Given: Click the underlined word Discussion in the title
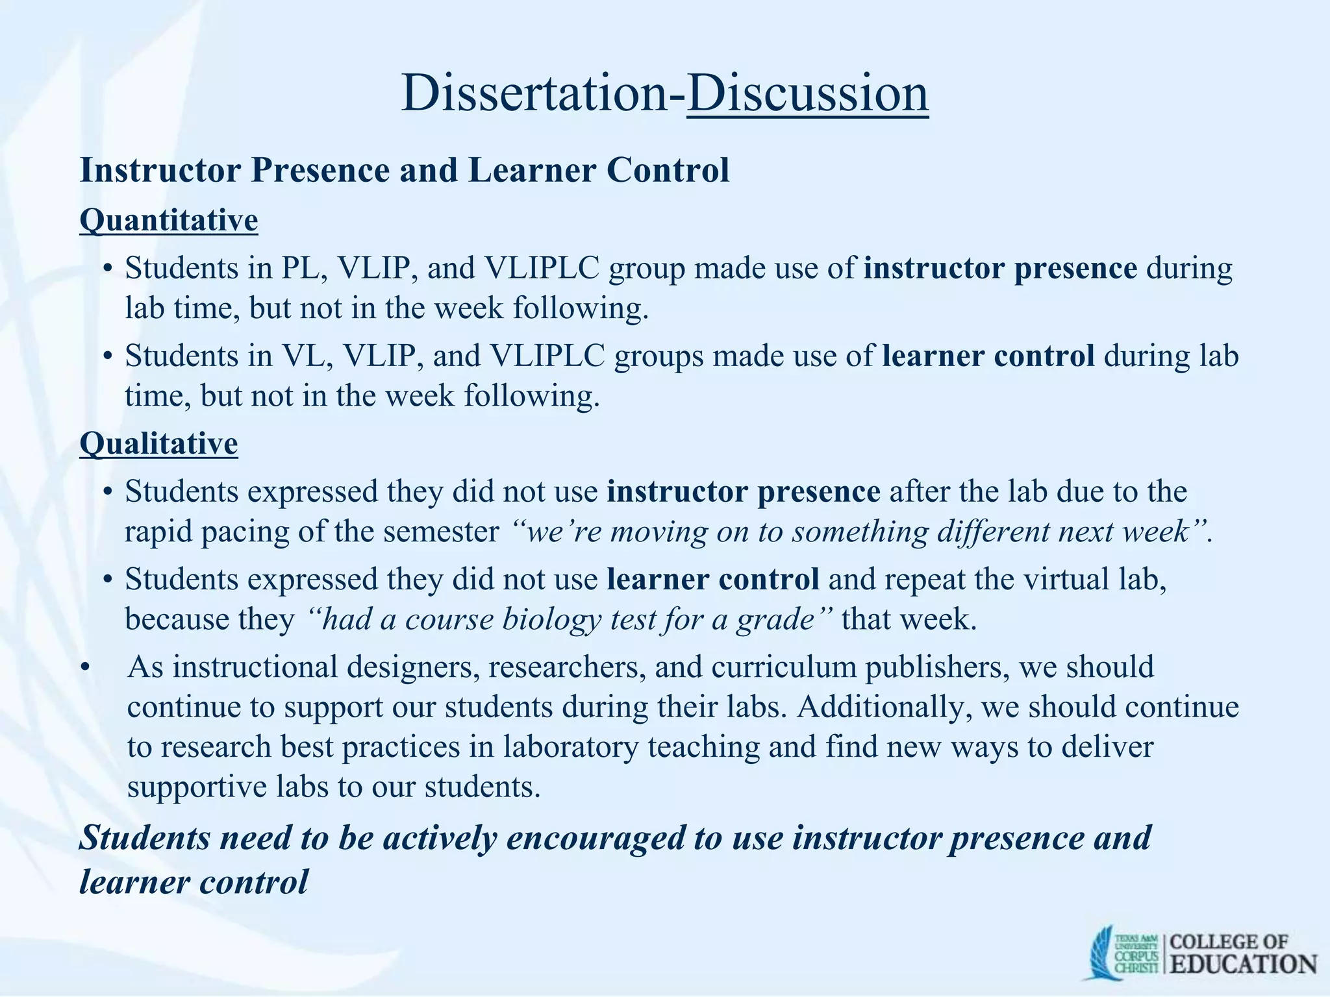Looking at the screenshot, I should [807, 93].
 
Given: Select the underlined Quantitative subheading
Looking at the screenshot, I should [169, 220].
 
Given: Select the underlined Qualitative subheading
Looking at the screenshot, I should [158, 444].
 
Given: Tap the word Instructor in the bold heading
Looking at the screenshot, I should [160, 171].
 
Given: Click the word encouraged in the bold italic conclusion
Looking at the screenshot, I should [596, 838].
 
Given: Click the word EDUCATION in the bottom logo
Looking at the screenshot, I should [1244, 964].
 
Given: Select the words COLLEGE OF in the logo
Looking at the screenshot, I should [1229, 941].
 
